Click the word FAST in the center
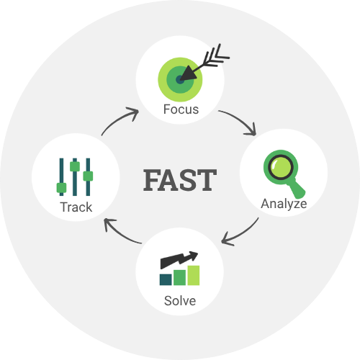click(180, 180)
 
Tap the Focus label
click(181, 109)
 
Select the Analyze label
click(284, 204)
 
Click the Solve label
click(180, 301)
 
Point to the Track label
click(76, 207)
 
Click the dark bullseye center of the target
click(180, 79)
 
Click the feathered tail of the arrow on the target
click(216, 56)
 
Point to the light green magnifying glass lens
click(281, 167)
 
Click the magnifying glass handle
click(297, 189)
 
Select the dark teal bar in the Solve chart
click(166, 279)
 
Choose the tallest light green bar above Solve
click(194, 275)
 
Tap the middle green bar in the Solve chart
click(179, 277)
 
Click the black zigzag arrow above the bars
click(179, 260)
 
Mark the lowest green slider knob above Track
click(61, 188)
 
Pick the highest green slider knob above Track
click(75, 166)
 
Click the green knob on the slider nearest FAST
click(88, 176)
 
